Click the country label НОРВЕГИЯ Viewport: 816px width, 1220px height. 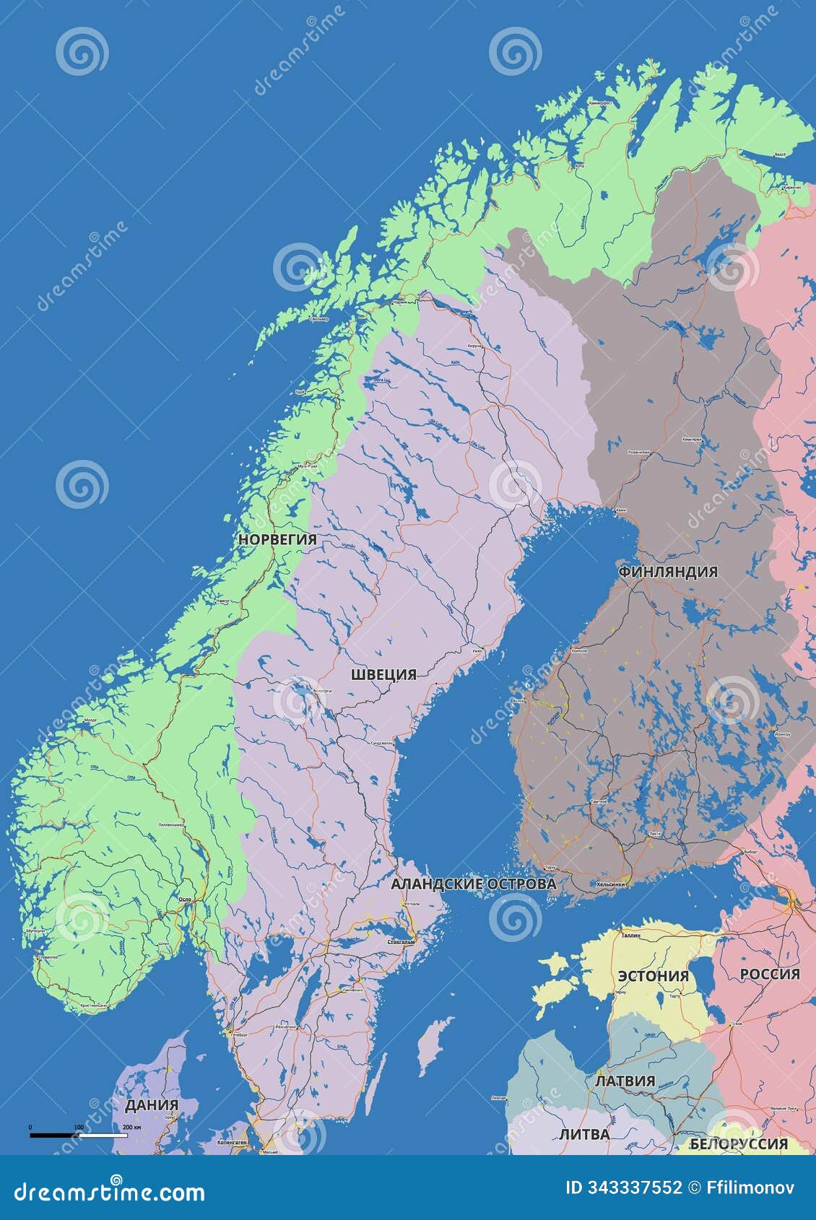[277, 539]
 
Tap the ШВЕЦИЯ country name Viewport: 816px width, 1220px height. [383, 674]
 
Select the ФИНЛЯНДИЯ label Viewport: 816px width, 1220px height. [668, 572]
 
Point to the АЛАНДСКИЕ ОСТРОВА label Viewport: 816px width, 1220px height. [473, 884]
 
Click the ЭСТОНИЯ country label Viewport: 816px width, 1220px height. [653, 975]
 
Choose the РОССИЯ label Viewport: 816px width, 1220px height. [769, 974]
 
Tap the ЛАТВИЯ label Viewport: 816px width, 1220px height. [625, 1081]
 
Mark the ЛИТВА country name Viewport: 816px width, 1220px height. [584, 1134]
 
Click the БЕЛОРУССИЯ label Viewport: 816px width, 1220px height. [739, 1143]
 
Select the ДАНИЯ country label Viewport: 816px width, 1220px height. [152, 1105]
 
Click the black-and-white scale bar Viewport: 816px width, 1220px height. [78, 1136]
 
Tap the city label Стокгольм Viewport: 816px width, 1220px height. [401, 941]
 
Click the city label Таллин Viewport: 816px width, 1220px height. [630, 934]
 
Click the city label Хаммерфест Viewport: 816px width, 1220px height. [600, 103]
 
